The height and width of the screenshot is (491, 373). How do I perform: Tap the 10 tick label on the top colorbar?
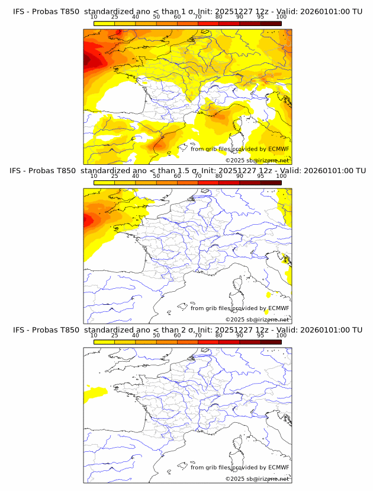(x=94, y=17)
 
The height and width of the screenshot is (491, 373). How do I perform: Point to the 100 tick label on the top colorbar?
(x=281, y=17)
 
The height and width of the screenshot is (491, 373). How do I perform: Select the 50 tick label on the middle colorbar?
(x=156, y=176)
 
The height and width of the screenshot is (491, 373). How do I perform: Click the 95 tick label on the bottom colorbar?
(x=261, y=336)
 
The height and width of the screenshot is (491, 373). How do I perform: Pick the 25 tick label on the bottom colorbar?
(x=114, y=336)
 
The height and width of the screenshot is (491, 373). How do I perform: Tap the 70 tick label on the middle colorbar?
(x=198, y=176)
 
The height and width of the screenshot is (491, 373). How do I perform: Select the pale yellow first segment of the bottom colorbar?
(x=104, y=342)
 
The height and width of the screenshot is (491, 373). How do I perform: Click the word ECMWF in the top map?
(x=279, y=149)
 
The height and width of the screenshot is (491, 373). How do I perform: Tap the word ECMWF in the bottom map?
(x=279, y=467)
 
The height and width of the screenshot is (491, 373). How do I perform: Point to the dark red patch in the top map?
(x=89, y=59)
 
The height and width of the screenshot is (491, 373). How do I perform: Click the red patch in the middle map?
(x=88, y=220)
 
